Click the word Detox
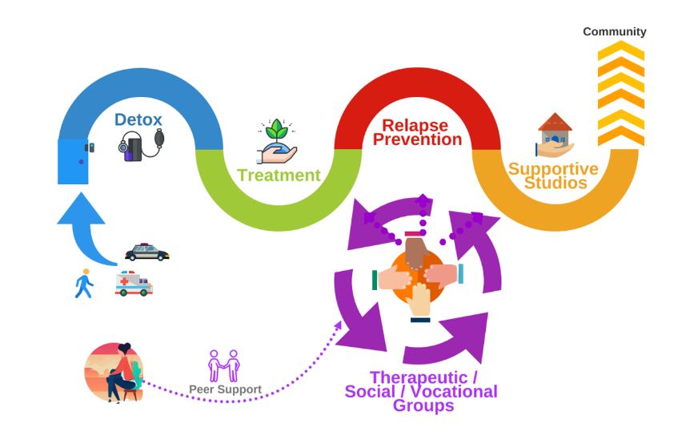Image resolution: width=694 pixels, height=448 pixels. point(138,119)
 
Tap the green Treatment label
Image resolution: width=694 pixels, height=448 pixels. point(279,176)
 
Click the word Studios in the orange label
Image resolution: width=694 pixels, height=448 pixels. point(552,184)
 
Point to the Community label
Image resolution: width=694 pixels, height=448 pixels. point(614,32)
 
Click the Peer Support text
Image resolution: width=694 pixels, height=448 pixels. point(225,390)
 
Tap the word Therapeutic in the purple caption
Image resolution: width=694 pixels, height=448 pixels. point(417,378)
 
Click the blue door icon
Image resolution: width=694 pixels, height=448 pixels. point(74,160)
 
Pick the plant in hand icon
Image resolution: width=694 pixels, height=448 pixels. point(277,141)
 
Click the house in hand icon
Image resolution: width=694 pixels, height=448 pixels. point(554,135)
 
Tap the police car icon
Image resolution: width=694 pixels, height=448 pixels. point(147,252)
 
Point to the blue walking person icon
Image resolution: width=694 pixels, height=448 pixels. point(84,283)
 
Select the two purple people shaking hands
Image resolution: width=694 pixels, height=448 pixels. point(223,365)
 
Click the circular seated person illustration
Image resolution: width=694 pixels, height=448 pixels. point(114,372)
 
